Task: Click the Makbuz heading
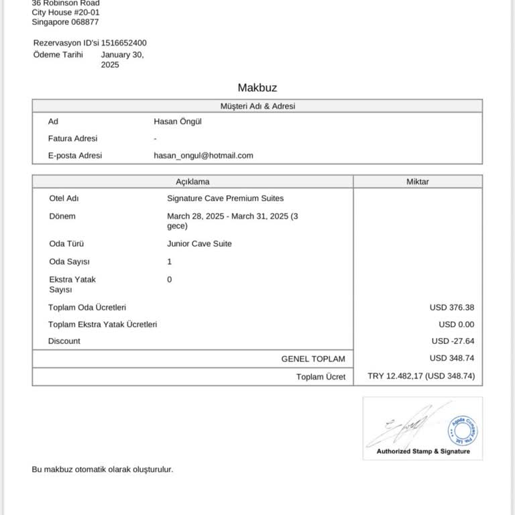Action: click(257, 88)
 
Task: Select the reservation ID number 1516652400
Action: click(124, 43)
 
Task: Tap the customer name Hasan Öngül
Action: click(178, 121)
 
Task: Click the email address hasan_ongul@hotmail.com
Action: click(203, 156)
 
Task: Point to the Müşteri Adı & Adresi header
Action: click(257, 106)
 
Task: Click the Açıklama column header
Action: click(192, 182)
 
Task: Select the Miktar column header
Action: click(417, 182)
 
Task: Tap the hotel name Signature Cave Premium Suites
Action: click(225, 198)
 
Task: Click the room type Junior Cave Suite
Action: click(199, 244)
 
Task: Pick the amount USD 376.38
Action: click(452, 308)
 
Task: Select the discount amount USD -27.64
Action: click(453, 341)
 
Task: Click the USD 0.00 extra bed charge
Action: click(457, 325)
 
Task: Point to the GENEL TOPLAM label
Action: click(313, 359)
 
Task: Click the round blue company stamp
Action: click(463, 429)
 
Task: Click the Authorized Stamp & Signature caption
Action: click(423, 451)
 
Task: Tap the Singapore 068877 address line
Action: click(66, 22)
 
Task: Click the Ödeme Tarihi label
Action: click(58, 55)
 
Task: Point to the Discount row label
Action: click(64, 341)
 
